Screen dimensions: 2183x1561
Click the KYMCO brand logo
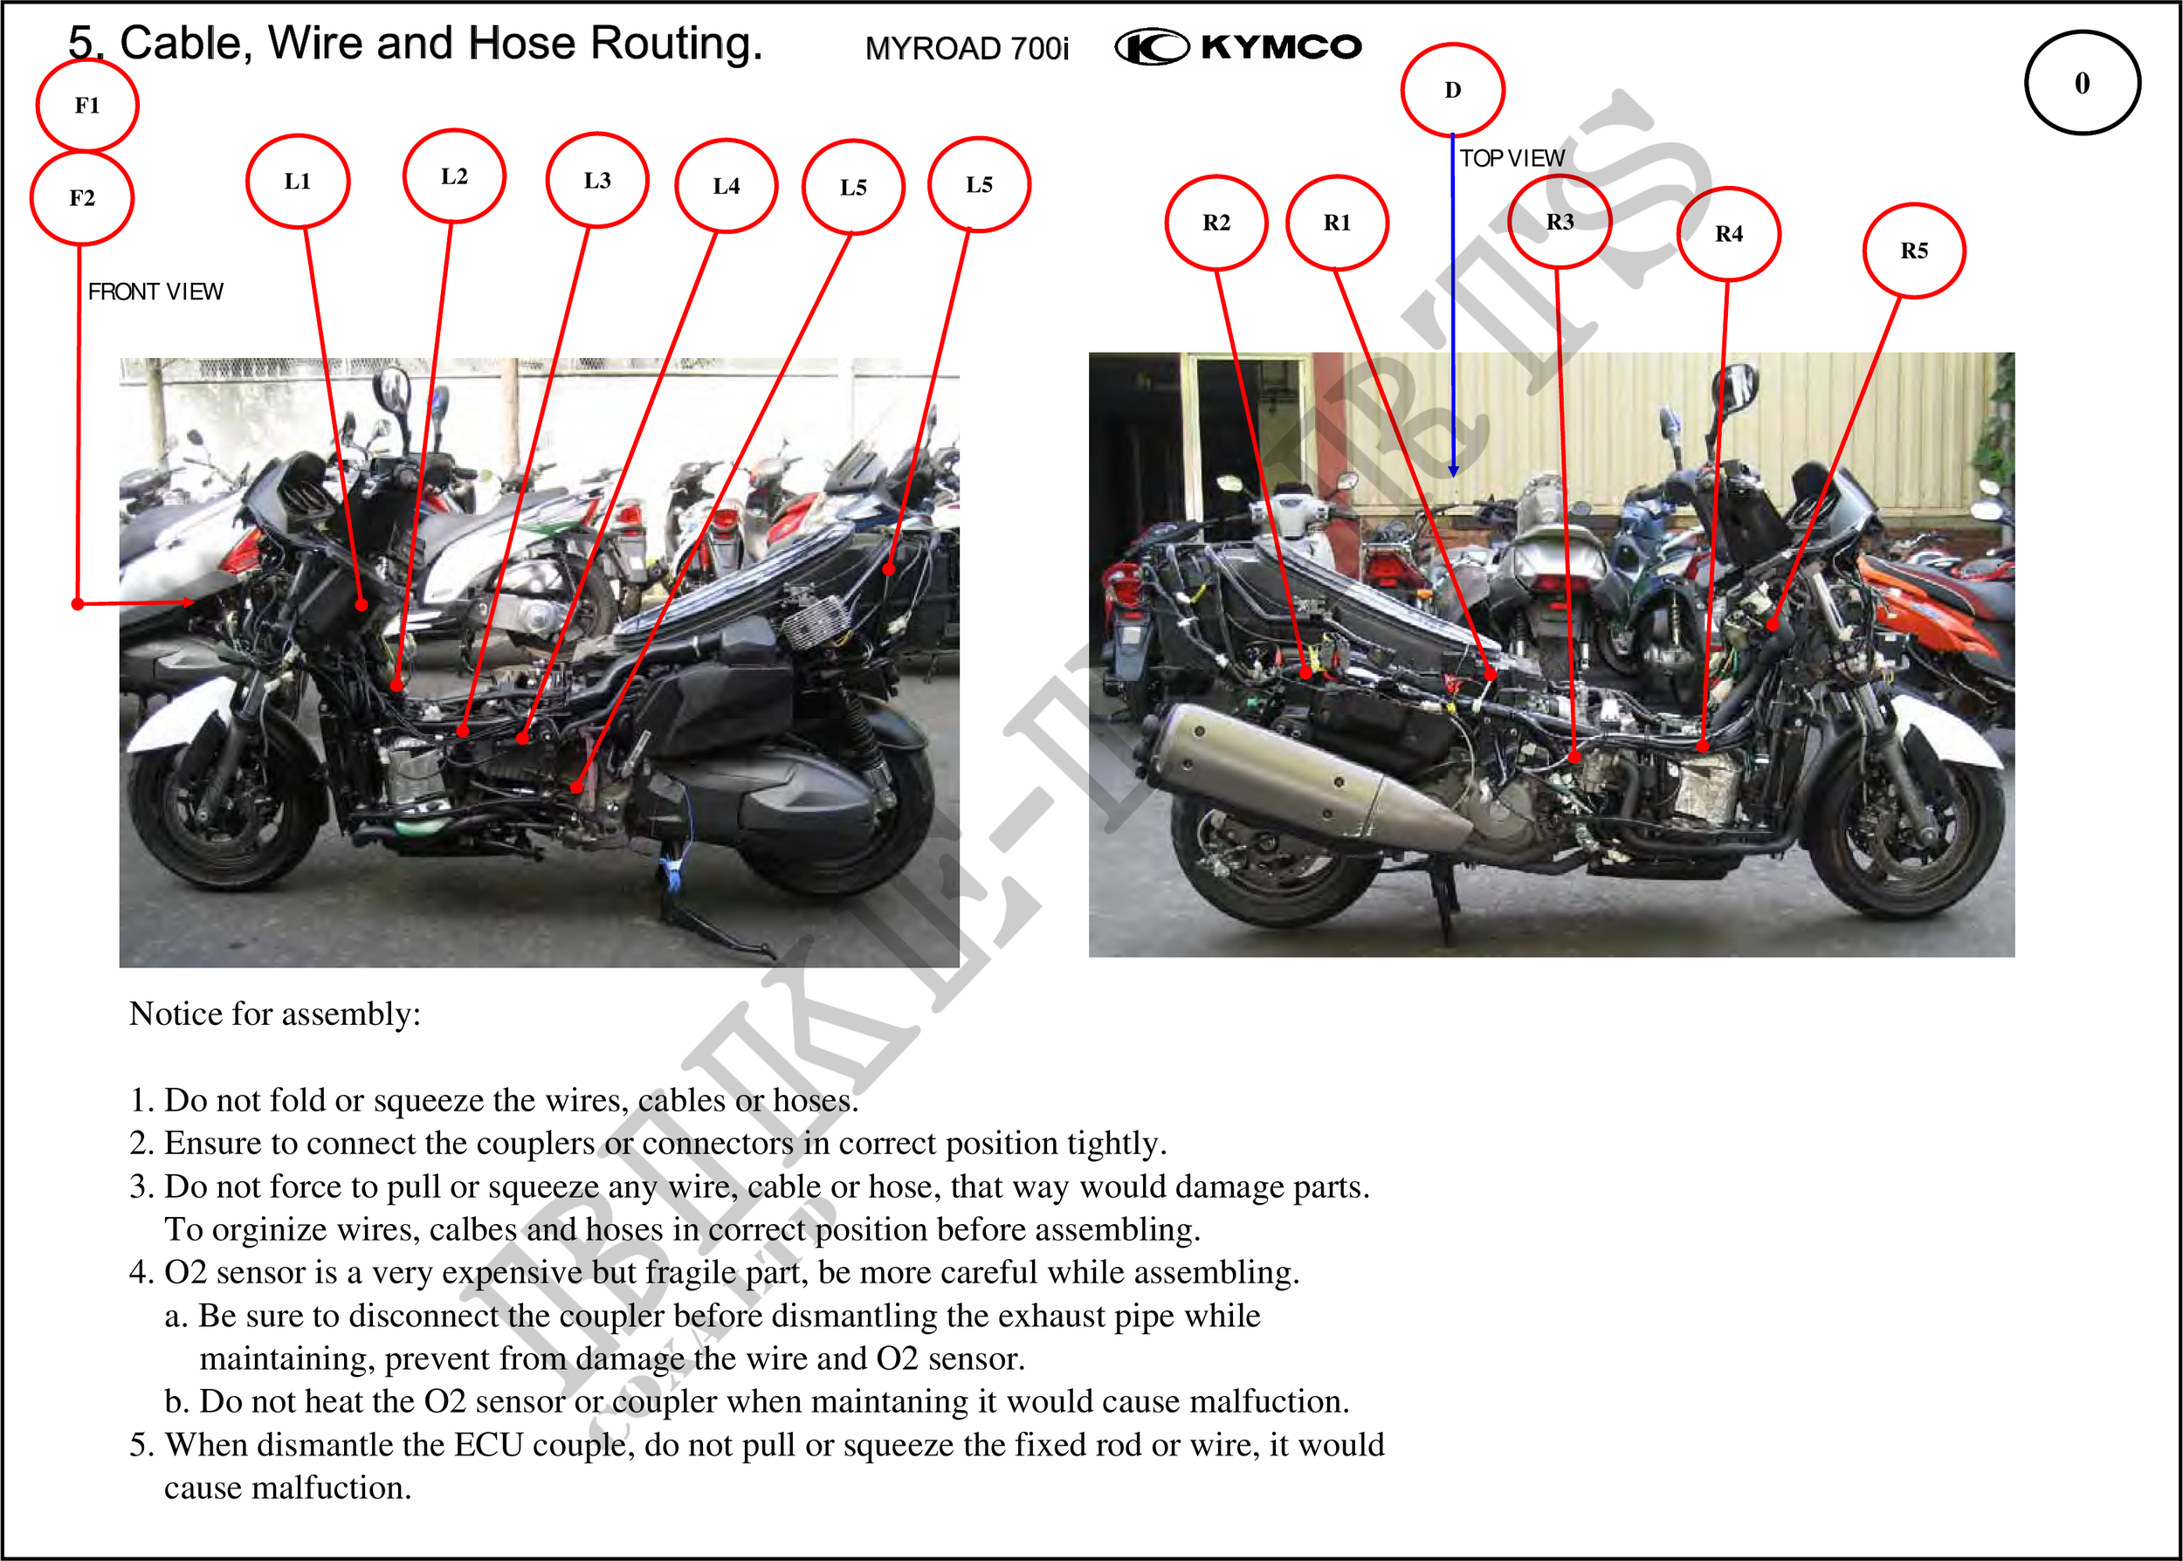[x=1238, y=46]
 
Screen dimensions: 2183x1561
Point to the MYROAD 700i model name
[x=966, y=48]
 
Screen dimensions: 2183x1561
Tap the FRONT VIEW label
[x=155, y=292]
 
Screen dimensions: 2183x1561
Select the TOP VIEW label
[x=1512, y=158]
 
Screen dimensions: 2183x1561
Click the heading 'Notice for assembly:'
[x=275, y=1014]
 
